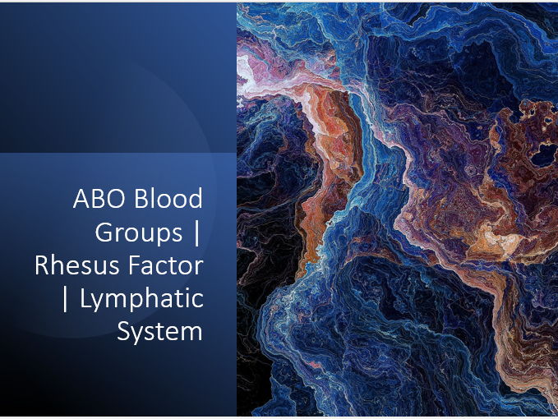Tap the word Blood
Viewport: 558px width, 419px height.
167,200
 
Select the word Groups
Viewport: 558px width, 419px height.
139,233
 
